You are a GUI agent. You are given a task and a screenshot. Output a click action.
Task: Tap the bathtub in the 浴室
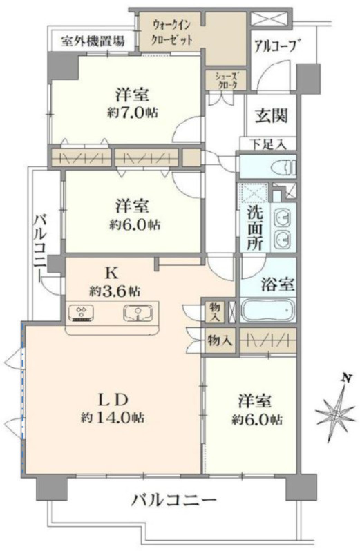click(x=268, y=311)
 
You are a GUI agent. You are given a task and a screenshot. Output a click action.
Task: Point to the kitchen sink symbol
click(x=138, y=313)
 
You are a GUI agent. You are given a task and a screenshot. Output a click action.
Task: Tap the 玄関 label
click(x=272, y=115)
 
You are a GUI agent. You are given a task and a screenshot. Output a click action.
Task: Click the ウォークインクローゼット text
click(x=171, y=32)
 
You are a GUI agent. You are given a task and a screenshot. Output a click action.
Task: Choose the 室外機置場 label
click(x=93, y=41)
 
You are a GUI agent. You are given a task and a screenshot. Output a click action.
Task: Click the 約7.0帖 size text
click(x=133, y=113)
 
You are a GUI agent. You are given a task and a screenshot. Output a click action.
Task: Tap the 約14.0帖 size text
click(x=113, y=417)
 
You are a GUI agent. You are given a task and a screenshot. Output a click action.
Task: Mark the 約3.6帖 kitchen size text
click(x=115, y=291)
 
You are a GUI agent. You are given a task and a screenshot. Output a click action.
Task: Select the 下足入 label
click(x=269, y=144)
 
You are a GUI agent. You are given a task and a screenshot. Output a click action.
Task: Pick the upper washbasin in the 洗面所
click(x=283, y=219)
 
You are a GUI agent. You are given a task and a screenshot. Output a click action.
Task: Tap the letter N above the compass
click(x=346, y=378)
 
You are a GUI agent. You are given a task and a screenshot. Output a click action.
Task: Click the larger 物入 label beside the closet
click(x=219, y=340)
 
